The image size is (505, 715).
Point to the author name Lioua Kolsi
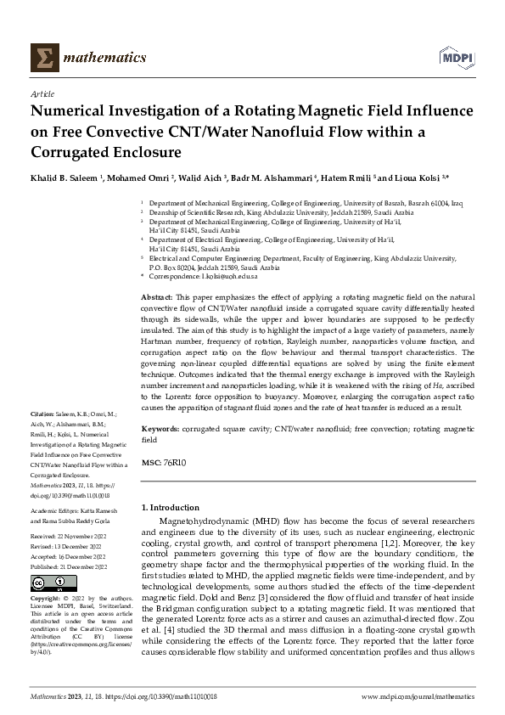coord(417,180)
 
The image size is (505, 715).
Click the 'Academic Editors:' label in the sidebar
coord(56,512)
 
